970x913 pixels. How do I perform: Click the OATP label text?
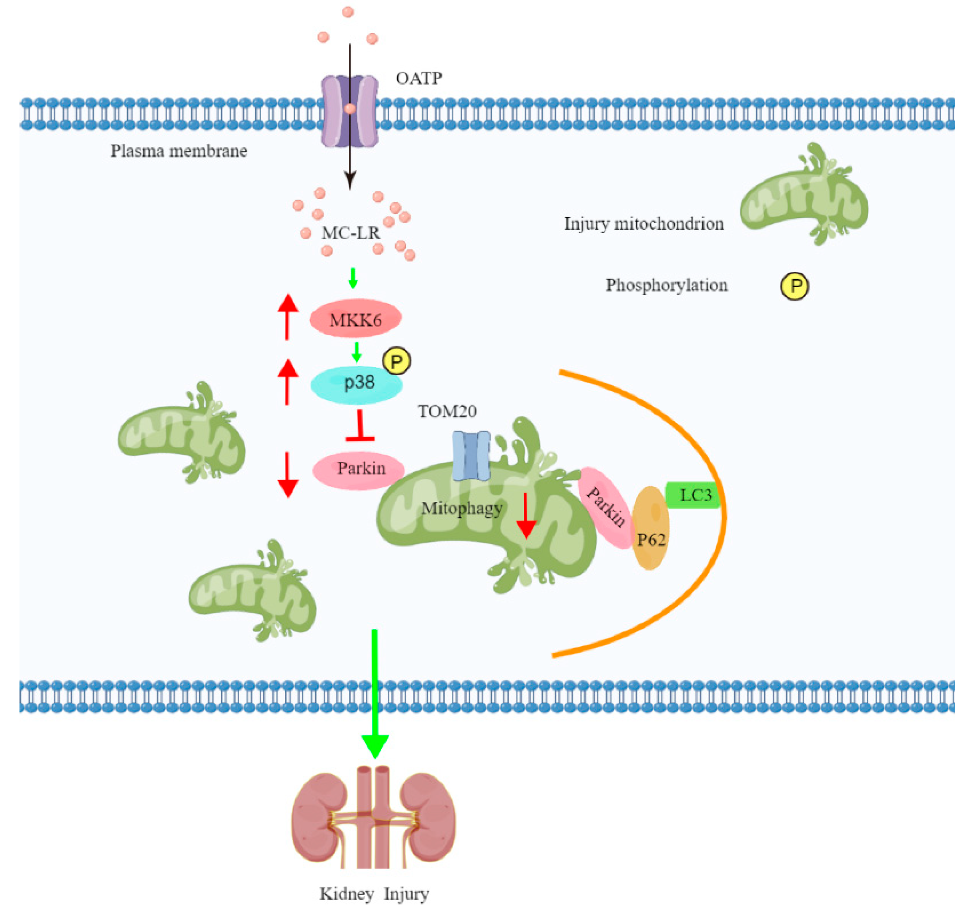[x=419, y=78]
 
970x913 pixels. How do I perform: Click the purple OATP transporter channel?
[x=349, y=111]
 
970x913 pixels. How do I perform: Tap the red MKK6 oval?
[x=355, y=319]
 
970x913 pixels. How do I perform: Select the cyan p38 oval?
[x=356, y=384]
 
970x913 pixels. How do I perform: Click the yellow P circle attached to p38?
[x=397, y=362]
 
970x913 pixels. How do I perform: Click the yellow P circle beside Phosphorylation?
[x=794, y=286]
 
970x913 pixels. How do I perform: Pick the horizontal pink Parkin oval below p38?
[x=358, y=469]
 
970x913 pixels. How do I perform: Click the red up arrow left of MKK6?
[x=288, y=317]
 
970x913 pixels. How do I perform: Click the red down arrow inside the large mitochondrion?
[x=526, y=515]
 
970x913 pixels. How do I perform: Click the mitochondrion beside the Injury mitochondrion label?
[x=804, y=195]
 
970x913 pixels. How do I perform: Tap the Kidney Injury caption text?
[x=374, y=894]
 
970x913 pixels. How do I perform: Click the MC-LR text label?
[x=351, y=233]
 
